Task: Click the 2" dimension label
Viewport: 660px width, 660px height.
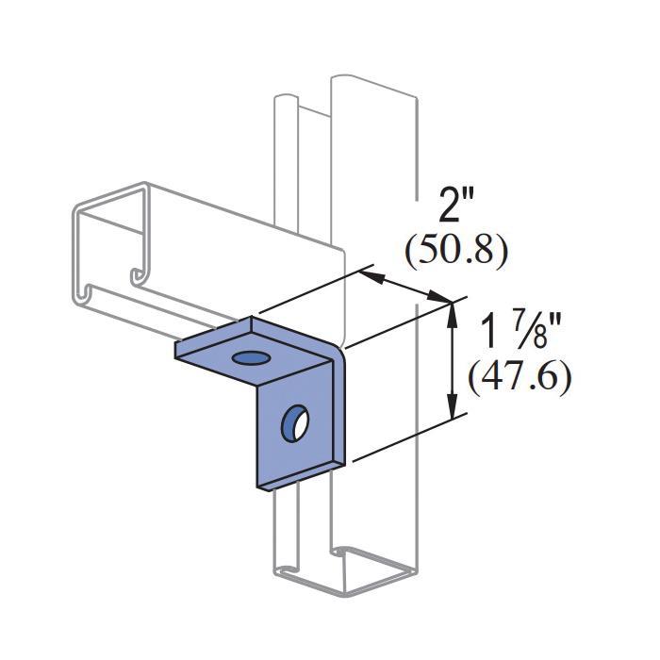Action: pos(456,205)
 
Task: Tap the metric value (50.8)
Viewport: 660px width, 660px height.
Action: pos(456,252)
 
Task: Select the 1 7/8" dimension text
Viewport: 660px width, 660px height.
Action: pos(519,334)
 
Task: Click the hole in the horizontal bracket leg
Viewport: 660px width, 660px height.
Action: pos(252,358)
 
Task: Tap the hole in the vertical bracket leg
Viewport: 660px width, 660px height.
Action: pos(295,423)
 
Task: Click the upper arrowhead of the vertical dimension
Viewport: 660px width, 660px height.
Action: pos(452,316)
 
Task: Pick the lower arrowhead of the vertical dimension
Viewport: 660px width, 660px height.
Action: pos(452,405)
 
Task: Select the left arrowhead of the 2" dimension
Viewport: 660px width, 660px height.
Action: pos(372,277)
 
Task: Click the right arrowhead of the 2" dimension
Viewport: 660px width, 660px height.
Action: pos(438,296)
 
